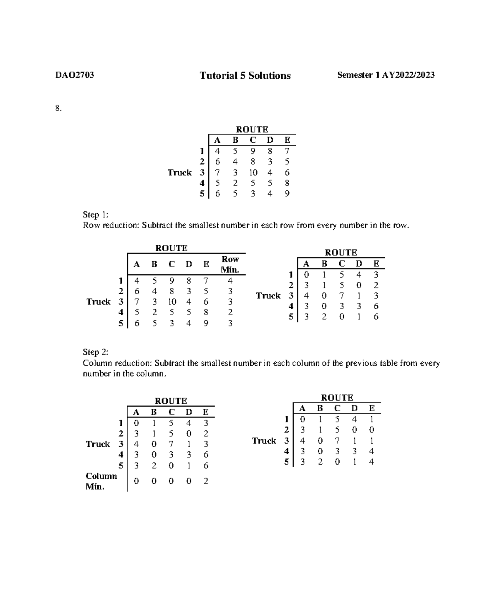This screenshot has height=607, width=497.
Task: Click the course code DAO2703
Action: (75, 75)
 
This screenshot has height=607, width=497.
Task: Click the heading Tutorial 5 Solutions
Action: (245, 76)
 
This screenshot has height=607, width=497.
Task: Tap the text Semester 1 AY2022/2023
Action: (386, 75)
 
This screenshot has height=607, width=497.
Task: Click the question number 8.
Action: (58, 108)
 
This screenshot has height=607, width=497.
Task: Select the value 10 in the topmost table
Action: (253, 173)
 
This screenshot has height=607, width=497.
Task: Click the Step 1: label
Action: (95, 215)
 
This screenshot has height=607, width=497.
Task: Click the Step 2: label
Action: (95, 352)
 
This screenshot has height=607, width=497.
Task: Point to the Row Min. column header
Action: (230, 264)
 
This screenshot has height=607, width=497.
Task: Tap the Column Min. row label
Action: (101, 481)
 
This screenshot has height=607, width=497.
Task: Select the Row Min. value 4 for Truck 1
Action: (230, 281)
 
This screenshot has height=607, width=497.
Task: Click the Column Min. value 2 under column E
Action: (206, 481)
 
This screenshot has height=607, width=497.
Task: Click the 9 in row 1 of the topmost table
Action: (253, 151)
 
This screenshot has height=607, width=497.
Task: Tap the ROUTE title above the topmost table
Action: (252, 130)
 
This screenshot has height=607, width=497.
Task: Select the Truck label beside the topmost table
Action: (179, 173)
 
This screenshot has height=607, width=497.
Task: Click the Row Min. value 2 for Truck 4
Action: (230, 312)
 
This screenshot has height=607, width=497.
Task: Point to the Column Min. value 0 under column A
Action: (136, 481)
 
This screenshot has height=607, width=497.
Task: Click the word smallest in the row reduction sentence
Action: (203, 226)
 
